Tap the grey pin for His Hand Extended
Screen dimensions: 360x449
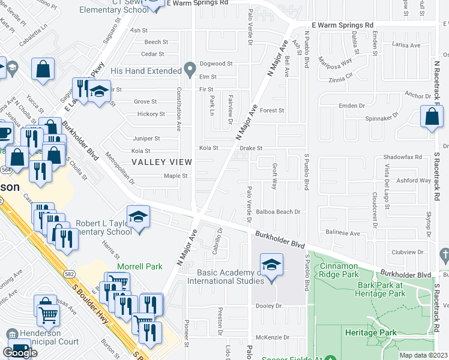coord(190,70)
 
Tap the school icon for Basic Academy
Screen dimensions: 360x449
coord(271,266)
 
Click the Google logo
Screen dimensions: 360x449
coord(20,353)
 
